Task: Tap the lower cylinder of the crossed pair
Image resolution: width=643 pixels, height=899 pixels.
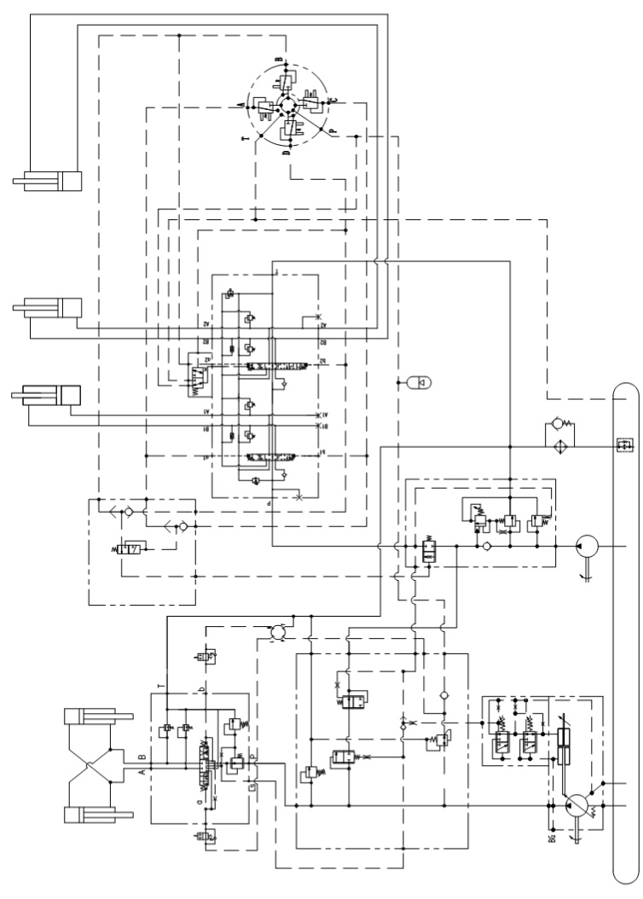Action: click(x=100, y=815)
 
